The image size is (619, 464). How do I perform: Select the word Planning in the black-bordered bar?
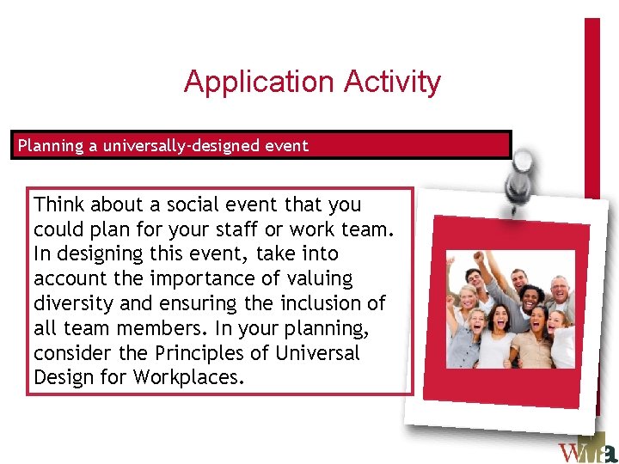[x=52, y=145]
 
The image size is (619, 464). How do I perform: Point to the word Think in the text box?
[x=59, y=205]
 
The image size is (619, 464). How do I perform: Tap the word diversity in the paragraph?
[x=70, y=303]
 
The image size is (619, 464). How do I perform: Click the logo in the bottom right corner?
[x=586, y=450]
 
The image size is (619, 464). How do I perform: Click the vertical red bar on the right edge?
[x=592, y=103]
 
